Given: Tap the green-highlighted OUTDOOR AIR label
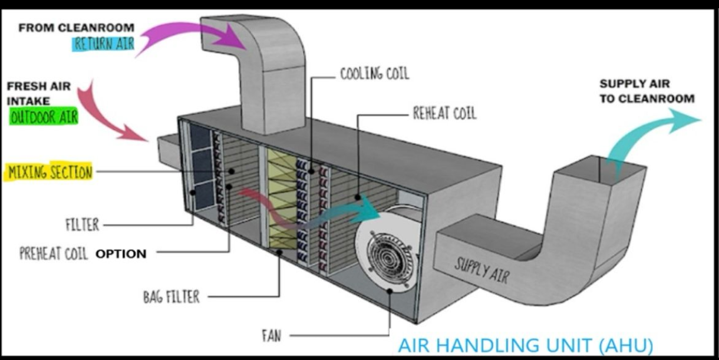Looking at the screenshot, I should click(x=44, y=117).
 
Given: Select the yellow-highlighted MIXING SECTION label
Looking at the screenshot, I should click(x=50, y=173).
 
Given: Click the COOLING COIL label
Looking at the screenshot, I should click(x=374, y=74).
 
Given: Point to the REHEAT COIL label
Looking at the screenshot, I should click(x=444, y=114).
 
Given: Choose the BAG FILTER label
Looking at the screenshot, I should click(x=171, y=296).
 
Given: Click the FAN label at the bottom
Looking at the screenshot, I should click(x=271, y=336).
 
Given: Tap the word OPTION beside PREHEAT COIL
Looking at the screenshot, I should click(x=121, y=254).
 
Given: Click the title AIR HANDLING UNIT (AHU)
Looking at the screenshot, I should click(x=525, y=345).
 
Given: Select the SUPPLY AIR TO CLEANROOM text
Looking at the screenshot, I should click(x=647, y=91).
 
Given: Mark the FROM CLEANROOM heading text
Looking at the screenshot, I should click(x=76, y=28).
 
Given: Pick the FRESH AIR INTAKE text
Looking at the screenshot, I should click(x=38, y=93).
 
